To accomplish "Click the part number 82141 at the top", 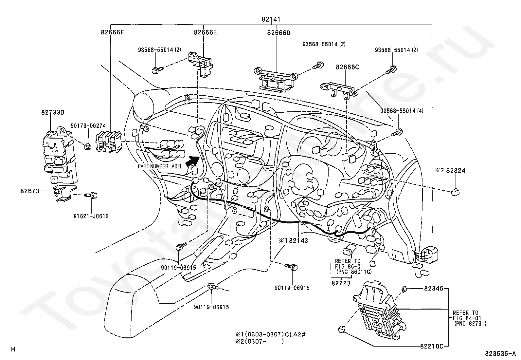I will click(271, 19).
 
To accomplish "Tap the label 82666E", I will click(205, 32).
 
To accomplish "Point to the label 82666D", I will click(278, 33).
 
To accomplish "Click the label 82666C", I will click(347, 67).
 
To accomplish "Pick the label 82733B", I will click(52, 112).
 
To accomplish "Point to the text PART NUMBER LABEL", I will click(160, 166).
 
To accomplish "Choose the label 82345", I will click(434, 289).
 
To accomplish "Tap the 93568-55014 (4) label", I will click(402, 111).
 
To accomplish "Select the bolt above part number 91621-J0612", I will click(91, 196).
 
